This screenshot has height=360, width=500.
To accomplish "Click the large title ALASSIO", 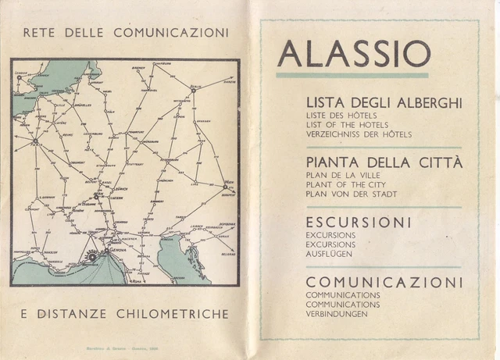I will [x=353, y=54].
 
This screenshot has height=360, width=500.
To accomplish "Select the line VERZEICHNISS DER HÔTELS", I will [x=359, y=134].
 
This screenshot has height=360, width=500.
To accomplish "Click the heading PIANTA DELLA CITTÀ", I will [x=383, y=163].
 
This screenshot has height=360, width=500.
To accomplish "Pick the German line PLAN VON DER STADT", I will [x=352, y=194].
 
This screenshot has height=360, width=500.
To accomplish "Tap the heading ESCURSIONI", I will [x=358, y=223].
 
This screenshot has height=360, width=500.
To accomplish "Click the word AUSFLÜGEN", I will [x=330, y=254].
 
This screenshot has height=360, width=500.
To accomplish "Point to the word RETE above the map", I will [x=40, y=34].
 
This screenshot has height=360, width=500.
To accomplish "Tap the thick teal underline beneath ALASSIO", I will [x=352, y=75].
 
